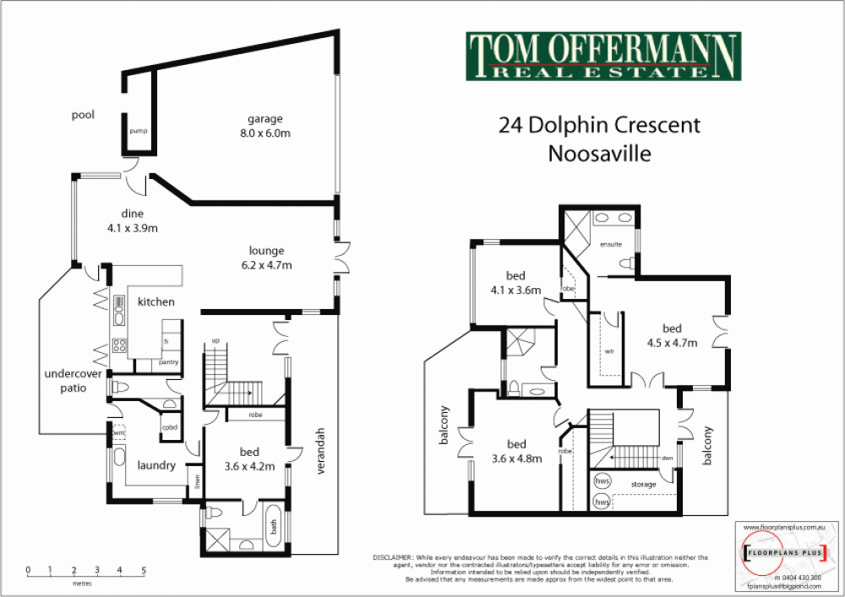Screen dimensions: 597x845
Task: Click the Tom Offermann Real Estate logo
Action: (x=603, y=57)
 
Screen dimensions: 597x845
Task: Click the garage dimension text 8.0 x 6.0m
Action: (x=264, y=133)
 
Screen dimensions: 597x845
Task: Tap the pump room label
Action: (x=139, y=132)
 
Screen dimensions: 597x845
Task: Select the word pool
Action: (x=83, y=115)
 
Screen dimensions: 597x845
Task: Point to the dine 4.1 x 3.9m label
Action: (x=133, y=220)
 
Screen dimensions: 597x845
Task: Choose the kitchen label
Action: (x=156, y=301)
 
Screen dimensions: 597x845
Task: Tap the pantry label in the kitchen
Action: (x=168, y=362)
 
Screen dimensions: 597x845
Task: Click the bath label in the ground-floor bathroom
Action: (x=273, y=527)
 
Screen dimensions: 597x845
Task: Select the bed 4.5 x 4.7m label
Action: (x=672, y=335)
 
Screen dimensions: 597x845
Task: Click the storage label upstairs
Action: (x=643, y=486)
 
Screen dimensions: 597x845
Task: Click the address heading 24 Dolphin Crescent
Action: (x=600, y=126)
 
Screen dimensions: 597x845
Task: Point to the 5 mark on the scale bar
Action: (x=144, y=570)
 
